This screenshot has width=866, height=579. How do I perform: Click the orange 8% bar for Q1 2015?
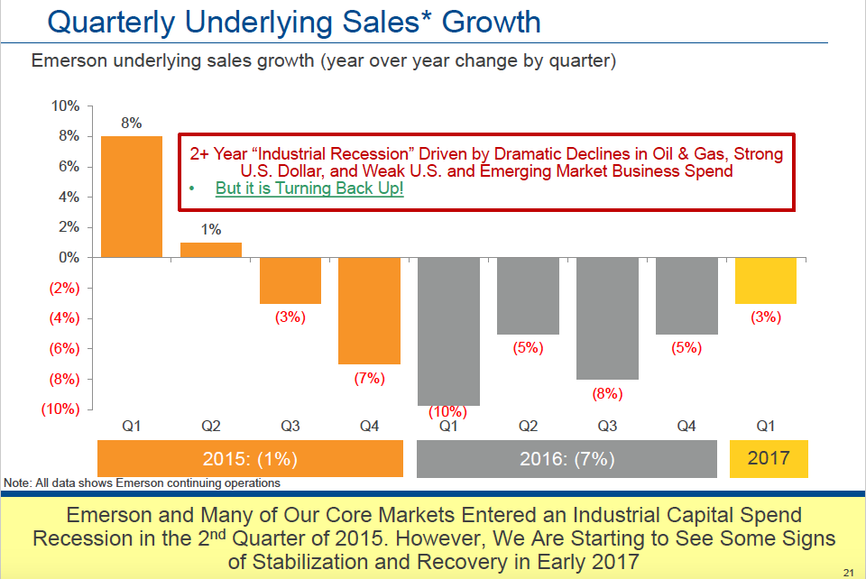132,197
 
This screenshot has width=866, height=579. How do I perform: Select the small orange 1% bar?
211,250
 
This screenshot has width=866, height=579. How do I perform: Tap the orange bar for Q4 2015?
369,310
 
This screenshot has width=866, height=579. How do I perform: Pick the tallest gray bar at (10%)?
448,331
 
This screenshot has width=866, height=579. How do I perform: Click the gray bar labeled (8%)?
606,317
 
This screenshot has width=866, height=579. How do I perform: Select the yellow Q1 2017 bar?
765,280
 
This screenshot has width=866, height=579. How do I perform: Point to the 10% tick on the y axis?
66,106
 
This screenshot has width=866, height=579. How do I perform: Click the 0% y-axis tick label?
69,258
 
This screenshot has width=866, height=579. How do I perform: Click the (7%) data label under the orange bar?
369,378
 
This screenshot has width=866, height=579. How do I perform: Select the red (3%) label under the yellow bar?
765,317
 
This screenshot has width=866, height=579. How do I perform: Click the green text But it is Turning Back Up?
309,188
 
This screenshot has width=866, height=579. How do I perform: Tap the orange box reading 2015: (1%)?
249,459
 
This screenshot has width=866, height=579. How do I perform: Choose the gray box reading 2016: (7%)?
567,459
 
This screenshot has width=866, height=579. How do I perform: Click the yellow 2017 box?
769,458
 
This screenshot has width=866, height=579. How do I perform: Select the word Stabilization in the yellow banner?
334,562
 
